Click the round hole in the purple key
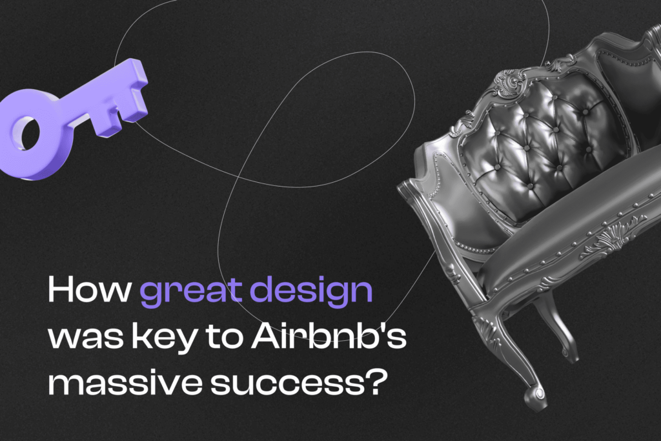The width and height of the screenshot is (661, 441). [x=28, y=133]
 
